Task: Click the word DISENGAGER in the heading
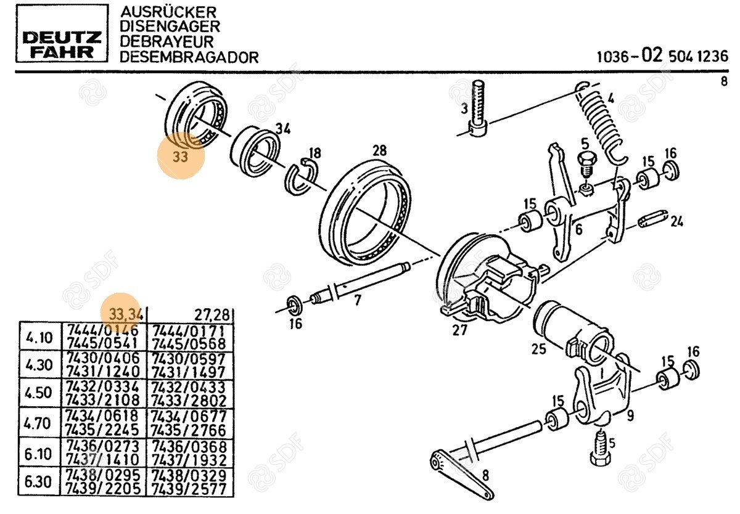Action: [170, 27]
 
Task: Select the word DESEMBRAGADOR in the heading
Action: [189, 57]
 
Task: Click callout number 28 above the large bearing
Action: [379, 150]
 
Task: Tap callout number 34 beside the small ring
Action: [282, 129]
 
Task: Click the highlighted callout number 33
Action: [180, 157]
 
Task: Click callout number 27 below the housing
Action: [460, 329]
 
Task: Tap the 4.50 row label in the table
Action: [39, 393]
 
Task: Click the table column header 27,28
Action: [213, 315]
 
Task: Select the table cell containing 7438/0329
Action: [189, 475]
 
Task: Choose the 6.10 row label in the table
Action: [39, 452]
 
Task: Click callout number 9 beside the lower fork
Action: [630, 415]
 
